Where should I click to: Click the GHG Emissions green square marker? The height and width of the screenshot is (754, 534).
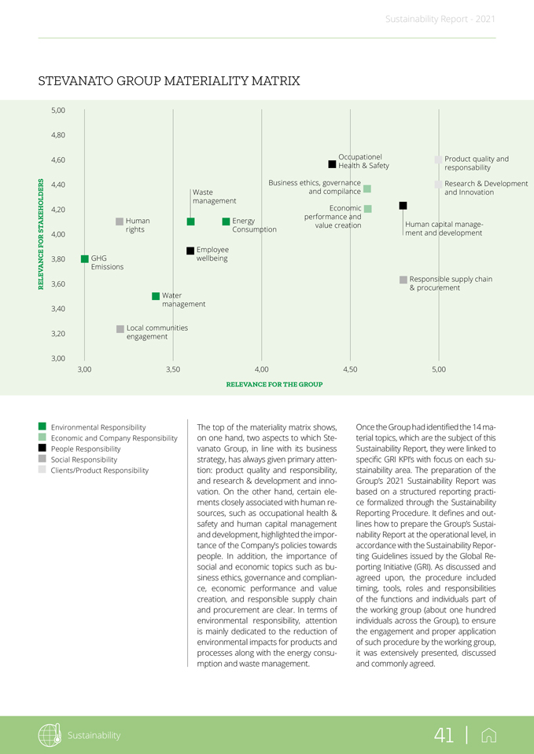click(x=84, y=258)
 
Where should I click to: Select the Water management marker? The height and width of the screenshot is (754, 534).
click(x=156, y=296)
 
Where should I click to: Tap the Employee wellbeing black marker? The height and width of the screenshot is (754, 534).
click(x=190, y=251)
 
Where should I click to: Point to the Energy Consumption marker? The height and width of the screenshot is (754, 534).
click(x=226, y=221)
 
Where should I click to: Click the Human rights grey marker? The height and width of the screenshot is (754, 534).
click(x=120, y=221)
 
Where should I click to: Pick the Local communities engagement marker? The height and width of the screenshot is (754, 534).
click(x=120, y=328)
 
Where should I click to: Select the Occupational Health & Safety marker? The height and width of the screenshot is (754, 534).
click(x=333, y=164)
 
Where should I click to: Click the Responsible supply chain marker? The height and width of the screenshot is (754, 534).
click(x=403, y=280)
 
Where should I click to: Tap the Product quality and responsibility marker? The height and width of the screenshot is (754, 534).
click(x=438, y=159)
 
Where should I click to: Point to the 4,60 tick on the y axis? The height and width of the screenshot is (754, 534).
click(x=58, y=159)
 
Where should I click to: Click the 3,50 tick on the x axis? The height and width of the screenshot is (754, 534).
click(x=173, y=369)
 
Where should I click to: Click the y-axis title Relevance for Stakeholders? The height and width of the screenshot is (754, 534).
click(x=41, y=234)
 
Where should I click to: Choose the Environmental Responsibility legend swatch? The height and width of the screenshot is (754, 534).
click(x=42, y=427)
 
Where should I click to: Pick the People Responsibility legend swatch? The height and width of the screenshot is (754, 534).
click(x=42, y=448)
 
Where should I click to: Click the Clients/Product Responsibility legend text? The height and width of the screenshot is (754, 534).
click(x=99, y=470)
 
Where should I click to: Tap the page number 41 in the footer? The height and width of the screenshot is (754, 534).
click(x=444, y=735)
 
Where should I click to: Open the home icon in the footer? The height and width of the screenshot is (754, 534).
click(x=488, y=735)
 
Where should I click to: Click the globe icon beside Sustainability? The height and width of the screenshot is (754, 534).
click(x=50, y=735)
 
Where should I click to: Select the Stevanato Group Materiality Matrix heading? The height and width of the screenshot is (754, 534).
click(x=169, y=81)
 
